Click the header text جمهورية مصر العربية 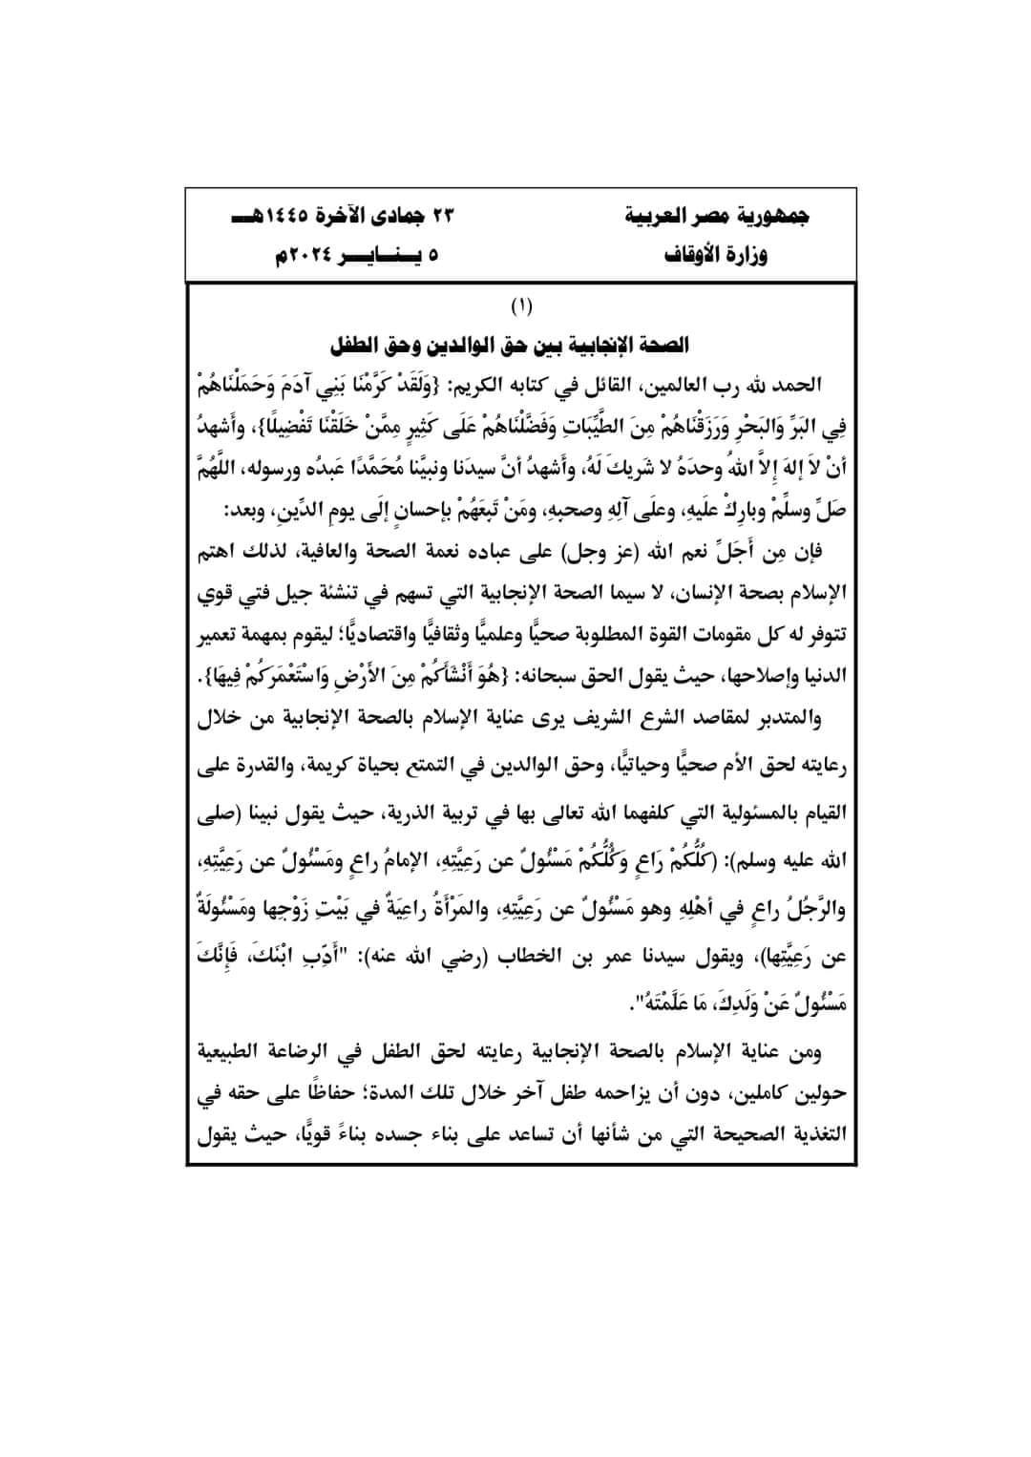[722, 217]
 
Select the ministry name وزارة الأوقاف [722, 256]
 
